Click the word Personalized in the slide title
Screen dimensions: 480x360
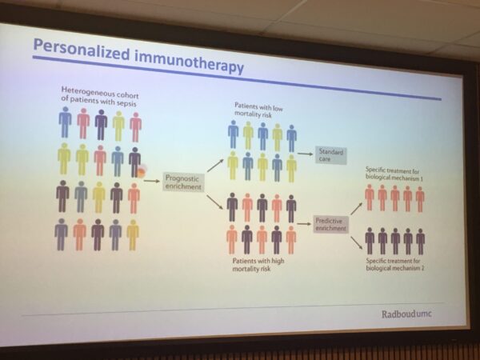[x=82, y=50]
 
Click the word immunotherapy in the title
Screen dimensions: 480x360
[x=189, y=62]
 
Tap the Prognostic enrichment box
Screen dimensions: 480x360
[x=183, y=182]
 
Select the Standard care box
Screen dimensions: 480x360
[x=331, y=155]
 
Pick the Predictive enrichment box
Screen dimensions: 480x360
[x=330, y=224]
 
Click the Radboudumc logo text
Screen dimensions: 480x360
[x=406, y=314]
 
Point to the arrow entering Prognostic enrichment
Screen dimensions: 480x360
[x=152, y=181]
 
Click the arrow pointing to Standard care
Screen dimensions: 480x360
[x=306, y=154]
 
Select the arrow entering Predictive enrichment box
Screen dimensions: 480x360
[x=304, y=224]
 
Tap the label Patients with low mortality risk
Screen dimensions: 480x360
[x=258, y=110]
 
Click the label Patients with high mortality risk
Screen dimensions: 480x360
[x=258, y=265]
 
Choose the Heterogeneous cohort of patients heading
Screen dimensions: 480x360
[x=100, y=96]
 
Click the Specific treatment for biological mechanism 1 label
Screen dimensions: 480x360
[x=393, y=174]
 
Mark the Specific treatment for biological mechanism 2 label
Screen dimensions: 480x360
[x=395, y=265]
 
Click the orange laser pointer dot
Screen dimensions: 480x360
[x=141, y=172]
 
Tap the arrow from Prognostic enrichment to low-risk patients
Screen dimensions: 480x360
[x=215, y=166]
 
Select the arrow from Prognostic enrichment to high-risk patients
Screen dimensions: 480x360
[x=215, y=202]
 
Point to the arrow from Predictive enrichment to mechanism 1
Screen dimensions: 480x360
[x=357, y=208]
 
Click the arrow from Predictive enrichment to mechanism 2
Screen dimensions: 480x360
[x=357, y=242]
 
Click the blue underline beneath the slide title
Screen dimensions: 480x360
[x=237, y=78]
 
